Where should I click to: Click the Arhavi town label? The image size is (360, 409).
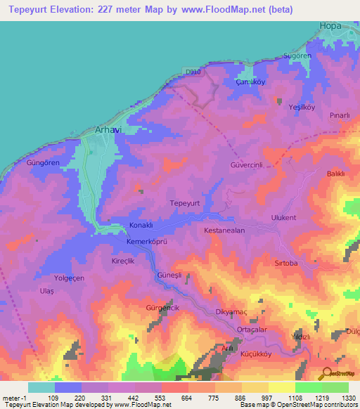(x=108, y=130)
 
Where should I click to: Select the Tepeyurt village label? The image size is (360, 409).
(x=186, y=202)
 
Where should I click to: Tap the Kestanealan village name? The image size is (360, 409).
(x=224, y=231)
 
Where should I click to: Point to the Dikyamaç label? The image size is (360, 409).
(x=229, y=312)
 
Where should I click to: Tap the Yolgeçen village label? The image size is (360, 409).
(x=67, y=278)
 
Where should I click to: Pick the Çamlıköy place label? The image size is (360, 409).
(x=250, y=81)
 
